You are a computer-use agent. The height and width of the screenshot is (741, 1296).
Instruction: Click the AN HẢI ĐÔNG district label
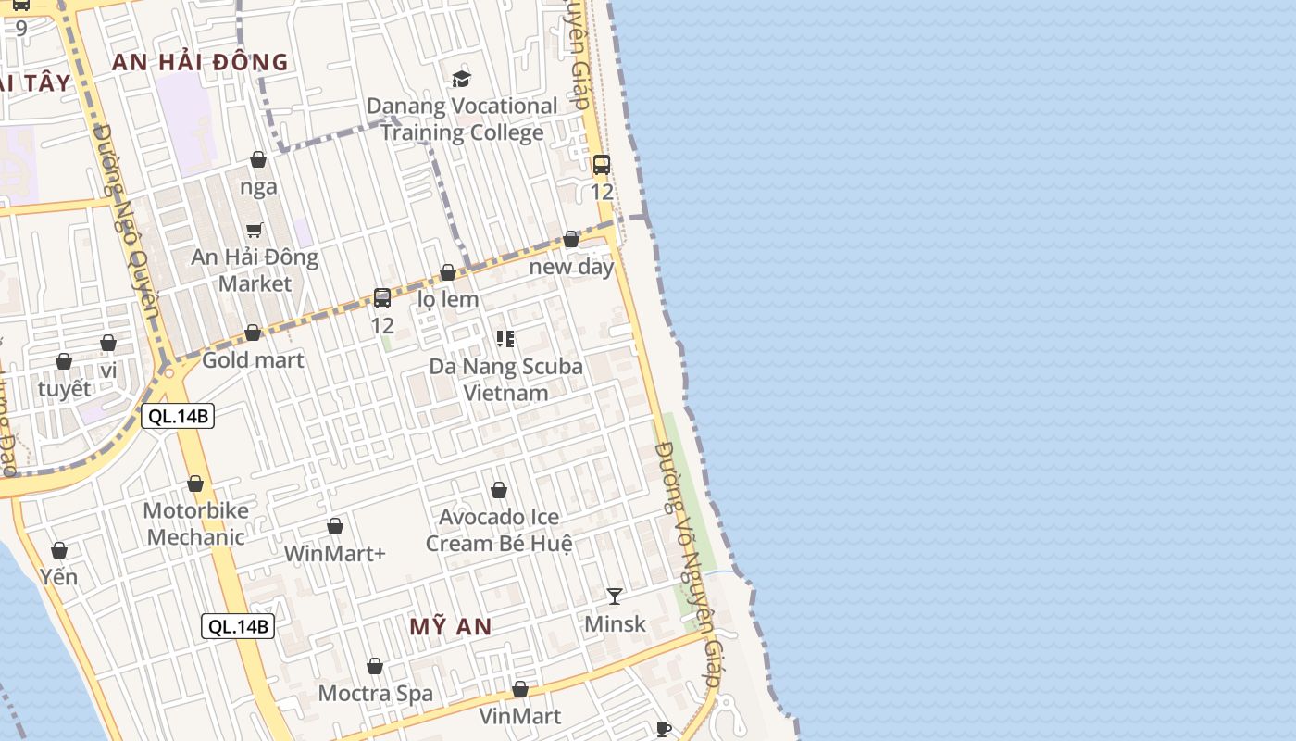(x=200, y=63)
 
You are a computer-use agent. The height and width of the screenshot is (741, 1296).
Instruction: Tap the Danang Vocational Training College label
(x=462, y=119)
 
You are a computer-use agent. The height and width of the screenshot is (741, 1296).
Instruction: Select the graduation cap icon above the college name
(x=461, y=80)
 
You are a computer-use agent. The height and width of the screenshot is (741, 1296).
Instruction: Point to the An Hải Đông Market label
(x=255, y=270)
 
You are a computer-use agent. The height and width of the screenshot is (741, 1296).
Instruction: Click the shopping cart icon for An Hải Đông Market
(x=254, y=230)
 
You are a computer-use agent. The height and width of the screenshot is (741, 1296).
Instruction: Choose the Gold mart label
(x=253, y=359)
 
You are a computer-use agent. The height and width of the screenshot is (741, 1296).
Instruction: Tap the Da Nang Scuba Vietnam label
(x=505, y=379)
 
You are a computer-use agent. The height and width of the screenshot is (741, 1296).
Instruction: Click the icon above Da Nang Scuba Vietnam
(x=505, y=339)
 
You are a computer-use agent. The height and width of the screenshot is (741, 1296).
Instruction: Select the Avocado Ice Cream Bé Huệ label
(x=499, y=530)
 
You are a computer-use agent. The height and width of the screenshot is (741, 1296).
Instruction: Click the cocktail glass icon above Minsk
(x=615, y=596)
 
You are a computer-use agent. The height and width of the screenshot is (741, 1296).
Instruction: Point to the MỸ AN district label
(x=451, y=626)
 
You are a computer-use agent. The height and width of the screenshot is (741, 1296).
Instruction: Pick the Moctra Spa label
(x=375, y=693)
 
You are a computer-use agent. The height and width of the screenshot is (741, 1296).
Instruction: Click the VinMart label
(x=520, y=716)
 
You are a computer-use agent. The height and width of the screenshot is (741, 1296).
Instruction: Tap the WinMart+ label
(x=334, y=553)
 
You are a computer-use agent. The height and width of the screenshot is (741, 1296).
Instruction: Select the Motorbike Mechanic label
(x=195, y=523)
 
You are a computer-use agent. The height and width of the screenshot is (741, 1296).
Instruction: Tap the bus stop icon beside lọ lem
(x=382, y=298)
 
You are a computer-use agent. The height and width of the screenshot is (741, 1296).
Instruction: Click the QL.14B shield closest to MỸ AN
(x=238, y=626)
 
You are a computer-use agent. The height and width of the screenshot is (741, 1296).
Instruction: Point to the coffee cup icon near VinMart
(x=663, y=729)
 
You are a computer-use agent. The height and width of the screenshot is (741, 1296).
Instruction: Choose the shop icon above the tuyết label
(x=64, y=361)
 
